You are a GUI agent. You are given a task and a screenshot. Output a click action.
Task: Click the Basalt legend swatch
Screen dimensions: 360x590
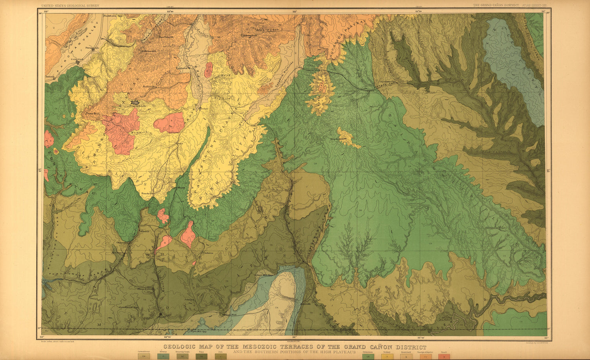(444, 356)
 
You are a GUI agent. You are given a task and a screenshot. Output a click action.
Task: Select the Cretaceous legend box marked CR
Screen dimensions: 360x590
(368, 356)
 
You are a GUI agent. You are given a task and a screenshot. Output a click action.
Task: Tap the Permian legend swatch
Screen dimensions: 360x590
(163, 356)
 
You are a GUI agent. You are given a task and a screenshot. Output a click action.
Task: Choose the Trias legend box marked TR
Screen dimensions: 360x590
(201, 356)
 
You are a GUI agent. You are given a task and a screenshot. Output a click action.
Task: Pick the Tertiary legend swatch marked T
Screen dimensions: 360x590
(387, 356)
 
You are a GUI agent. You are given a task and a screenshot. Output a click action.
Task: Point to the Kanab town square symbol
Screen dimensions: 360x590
(160, 315)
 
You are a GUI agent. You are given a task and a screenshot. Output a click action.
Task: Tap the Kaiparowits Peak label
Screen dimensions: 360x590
(337, 138)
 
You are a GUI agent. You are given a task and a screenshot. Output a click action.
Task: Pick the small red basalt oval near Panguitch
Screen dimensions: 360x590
(208, 70)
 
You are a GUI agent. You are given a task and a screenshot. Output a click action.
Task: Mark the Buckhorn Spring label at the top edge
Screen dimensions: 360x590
(110, 16)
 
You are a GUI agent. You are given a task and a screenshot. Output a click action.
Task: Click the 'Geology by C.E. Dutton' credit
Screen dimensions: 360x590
(536, 343)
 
